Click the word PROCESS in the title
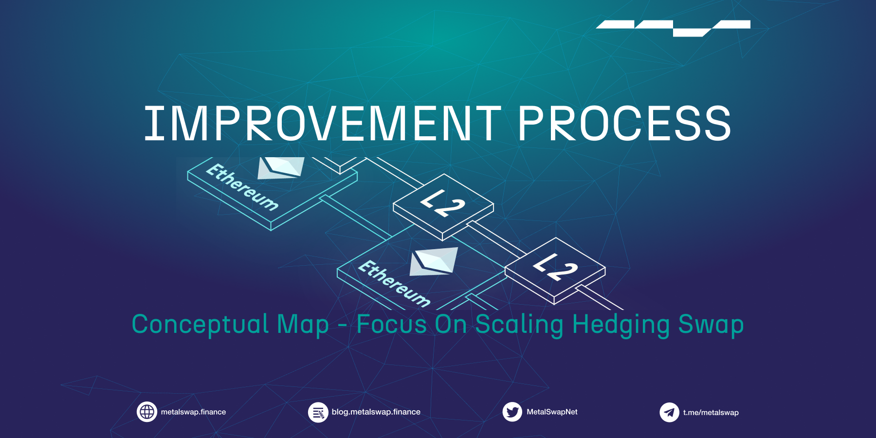click(624, 124)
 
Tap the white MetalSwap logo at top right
click(673, 27)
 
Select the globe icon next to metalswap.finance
click(146, 412)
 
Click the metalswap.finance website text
click(193, 412)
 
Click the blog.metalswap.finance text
click(376, 412)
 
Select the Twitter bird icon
click(512, 412)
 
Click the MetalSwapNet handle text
click(552, 412)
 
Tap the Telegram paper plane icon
click(669, 413)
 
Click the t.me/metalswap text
click(711, 413)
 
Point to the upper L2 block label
click(442, 203)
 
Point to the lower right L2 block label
click(555, 267)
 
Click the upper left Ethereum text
click(242, 187)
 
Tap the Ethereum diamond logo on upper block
click(281, 167)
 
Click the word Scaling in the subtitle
click(519, 325)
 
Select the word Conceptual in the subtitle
click(200, 325)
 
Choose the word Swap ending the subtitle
click(711, 325)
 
